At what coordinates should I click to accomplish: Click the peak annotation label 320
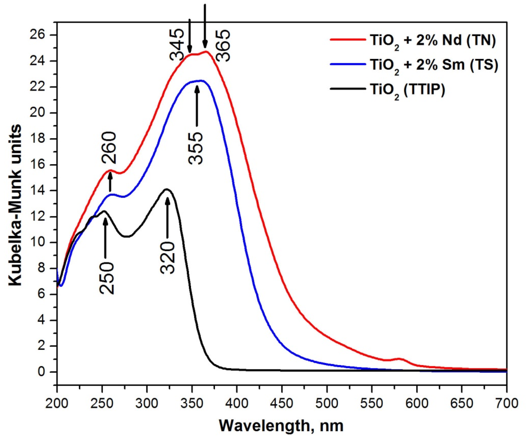[x=167, y=258]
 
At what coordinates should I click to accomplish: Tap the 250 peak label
[x=107, y=278]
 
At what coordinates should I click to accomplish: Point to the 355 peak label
[x=196, y=148]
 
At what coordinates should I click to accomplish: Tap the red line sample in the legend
[x=348, y=39]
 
